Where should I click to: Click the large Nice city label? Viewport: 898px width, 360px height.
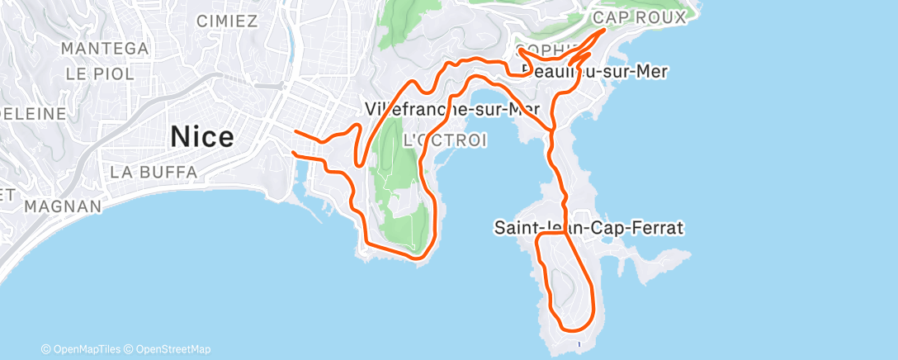click(202, 137)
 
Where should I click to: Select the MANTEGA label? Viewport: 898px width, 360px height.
click(105, 49)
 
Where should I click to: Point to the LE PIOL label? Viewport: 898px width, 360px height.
click(100, 73)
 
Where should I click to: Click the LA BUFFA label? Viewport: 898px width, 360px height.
click(154, 173)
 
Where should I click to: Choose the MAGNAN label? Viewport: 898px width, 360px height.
click(63, 206)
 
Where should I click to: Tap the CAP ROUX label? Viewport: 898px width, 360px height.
click(639, 17)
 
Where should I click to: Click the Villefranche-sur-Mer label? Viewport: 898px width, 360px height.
click(452, 109)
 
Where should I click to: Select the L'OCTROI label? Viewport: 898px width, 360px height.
click(444, 141)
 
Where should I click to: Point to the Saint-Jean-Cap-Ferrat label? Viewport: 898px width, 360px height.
click(589, 227)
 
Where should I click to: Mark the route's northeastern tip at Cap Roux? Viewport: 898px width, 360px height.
click(607, 30)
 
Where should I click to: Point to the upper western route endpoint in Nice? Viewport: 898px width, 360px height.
click(295, 130)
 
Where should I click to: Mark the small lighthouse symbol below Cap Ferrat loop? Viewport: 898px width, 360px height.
click(580, 343)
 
